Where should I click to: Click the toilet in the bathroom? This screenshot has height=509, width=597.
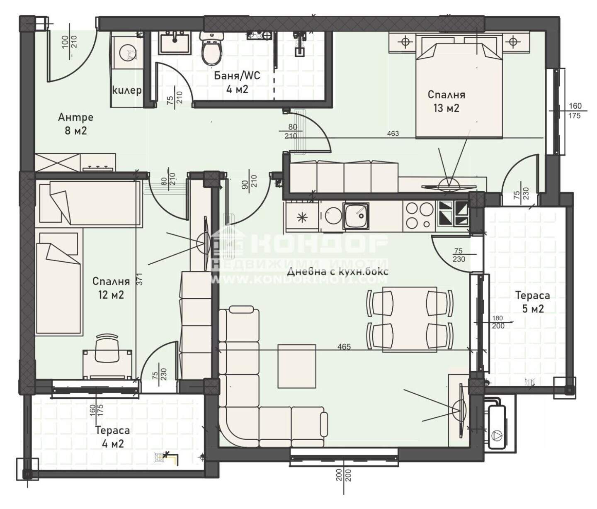click(212, 48)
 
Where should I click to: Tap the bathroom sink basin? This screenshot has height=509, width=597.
click(175, 42)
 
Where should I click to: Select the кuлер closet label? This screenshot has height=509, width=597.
click(127, 90)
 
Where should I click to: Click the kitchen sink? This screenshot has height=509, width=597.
click(356, 216)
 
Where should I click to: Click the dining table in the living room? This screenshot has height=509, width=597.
click(410, 319)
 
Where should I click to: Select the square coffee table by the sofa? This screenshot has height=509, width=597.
click(297, 366)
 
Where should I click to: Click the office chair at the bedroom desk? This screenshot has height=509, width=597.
click(107, 347)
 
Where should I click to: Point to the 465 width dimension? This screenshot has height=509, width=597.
click(344, 346)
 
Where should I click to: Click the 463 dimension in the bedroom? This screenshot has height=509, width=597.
click(393, 134)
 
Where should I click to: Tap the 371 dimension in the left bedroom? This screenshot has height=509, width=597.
click(139, 280)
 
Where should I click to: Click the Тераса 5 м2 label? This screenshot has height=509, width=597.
click(533, 302)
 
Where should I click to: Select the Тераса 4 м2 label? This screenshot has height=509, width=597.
click(113, 437)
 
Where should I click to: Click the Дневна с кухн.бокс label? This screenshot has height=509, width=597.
click(338, 272)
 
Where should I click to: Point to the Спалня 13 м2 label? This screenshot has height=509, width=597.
click(446, 101)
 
